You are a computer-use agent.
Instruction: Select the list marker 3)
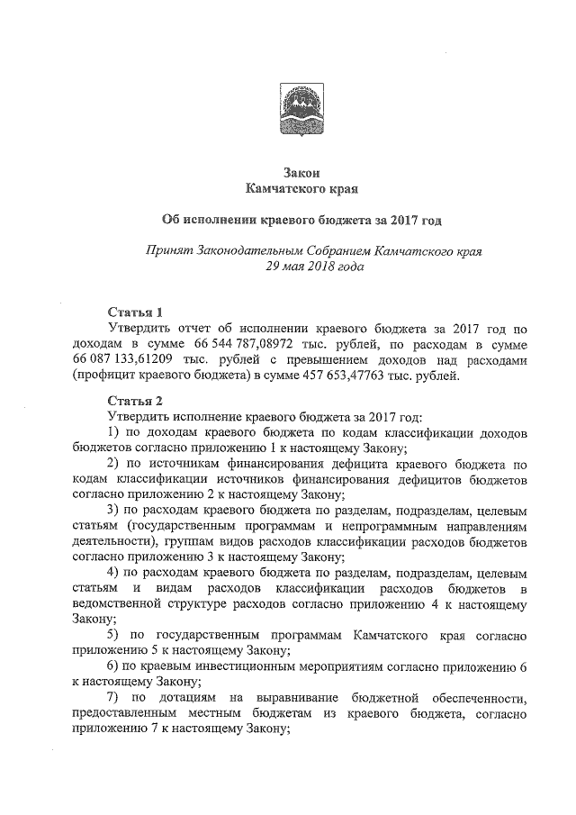(x=113, y=512)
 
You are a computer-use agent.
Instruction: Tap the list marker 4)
(x=113, y=574)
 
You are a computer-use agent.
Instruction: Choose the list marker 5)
(x=113, y=636)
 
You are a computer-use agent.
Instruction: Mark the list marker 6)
(x=113, y=667)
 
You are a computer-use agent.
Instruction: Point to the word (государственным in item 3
(x=179, y=527)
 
